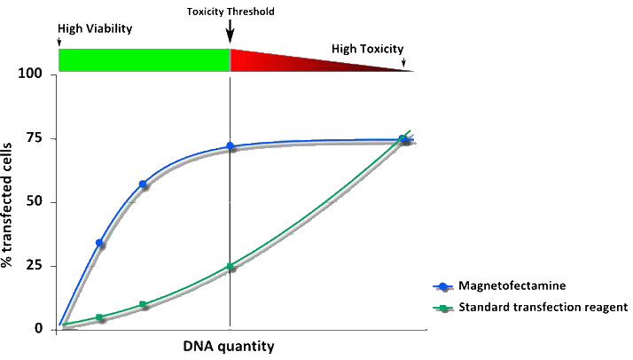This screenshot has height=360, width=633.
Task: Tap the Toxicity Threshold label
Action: [x=231, y=12]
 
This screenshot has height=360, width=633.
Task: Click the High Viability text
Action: [x=95, y=28]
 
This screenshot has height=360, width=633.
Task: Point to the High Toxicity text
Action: [x=367, y=49]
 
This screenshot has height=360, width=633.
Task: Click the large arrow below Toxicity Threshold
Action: [x=231, y=33]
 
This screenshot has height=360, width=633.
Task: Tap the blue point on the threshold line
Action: [x=231, y=146]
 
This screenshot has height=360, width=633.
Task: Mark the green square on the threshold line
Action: [x=231, y=266]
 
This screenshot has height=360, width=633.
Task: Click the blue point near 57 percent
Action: [x=143, y=184]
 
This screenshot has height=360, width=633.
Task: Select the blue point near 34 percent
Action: [x=100, y=243]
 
